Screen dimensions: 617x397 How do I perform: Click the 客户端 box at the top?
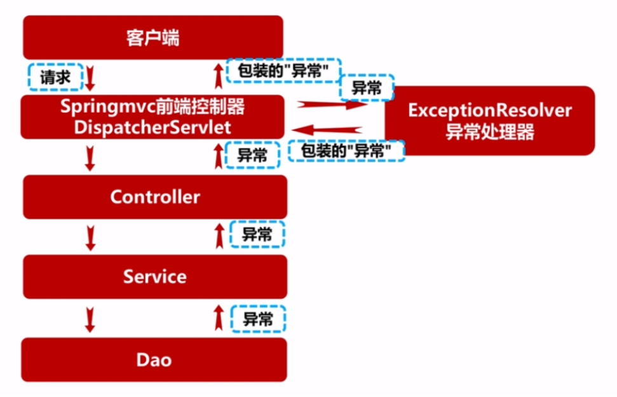(153, 38)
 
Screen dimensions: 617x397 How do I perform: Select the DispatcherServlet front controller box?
(153, 117)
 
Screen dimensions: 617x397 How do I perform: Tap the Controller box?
(154, 197)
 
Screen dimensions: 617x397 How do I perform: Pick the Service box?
(154, 277)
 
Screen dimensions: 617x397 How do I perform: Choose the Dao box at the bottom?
(154, 359)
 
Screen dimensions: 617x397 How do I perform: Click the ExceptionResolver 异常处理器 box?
(489, 121)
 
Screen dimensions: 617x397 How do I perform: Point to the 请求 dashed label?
(55, 78)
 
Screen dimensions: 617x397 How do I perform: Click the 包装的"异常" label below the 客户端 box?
(283, 71)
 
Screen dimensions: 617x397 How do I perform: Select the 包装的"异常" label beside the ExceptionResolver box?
(345, 151)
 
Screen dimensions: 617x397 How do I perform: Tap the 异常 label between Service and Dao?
(257, 319)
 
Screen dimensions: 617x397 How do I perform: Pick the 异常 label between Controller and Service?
(257, 235)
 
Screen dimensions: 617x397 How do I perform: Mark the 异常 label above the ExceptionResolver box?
(367, 88)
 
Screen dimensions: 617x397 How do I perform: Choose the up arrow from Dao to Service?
(219, 318)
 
